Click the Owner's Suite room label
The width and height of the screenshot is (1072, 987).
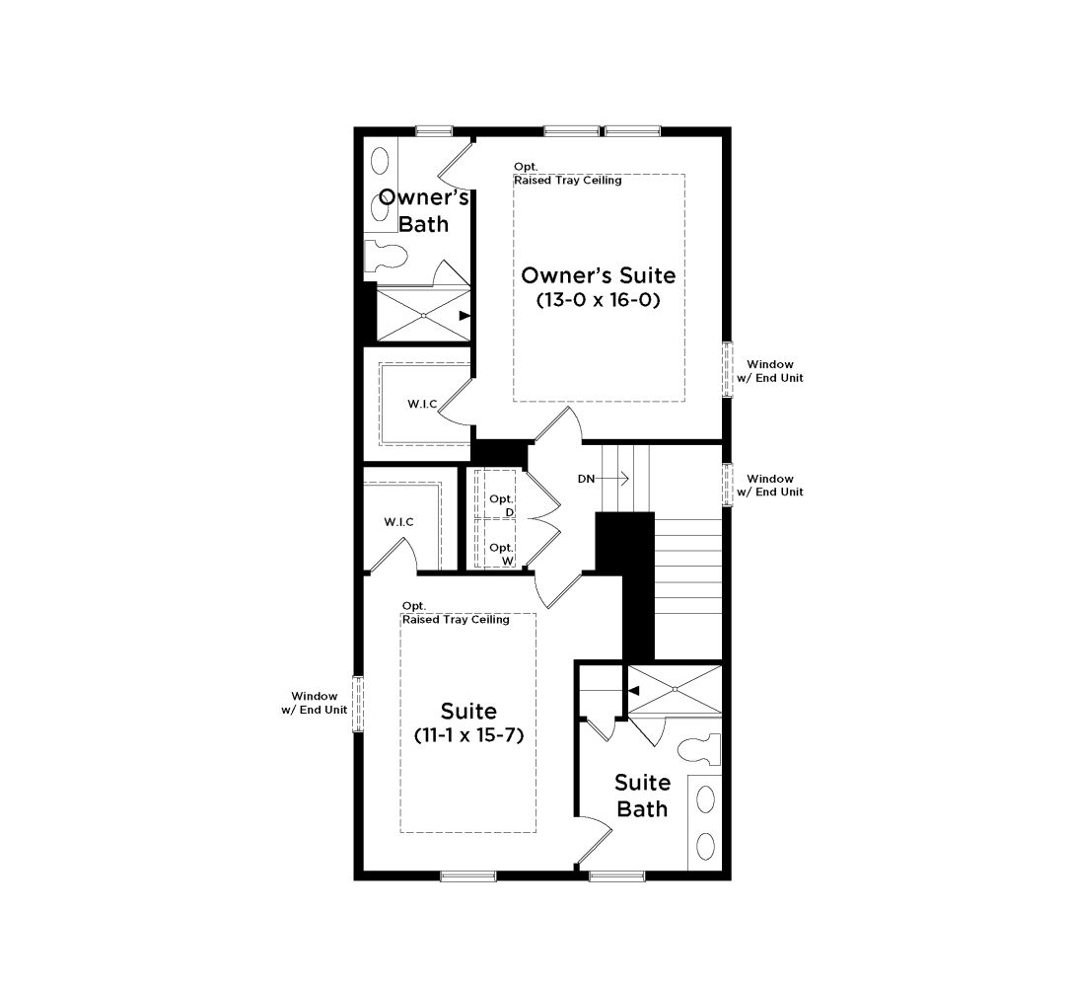(x=599, y=275)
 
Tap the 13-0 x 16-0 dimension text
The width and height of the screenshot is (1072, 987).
(x=599, y=300)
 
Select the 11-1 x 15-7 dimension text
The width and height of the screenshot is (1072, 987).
(x=468, y=736)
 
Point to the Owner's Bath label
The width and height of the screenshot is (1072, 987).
(x=423, y=210)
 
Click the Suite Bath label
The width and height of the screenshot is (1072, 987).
(x=642, y=796)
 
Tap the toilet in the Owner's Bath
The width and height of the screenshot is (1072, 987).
(x=386, y=257)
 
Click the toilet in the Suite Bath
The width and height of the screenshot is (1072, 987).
(x=699, y=750)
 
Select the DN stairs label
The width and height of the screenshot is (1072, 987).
(x=586, y=479)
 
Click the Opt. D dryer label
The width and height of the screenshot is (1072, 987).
(x=502, y=505)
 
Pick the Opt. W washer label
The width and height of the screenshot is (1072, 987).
(x=502, y=554)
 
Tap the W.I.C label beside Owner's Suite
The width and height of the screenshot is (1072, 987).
(x=422, y=405)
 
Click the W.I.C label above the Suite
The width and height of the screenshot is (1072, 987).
(x=398, y=522)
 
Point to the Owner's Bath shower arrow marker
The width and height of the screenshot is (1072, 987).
(x=465, y=315)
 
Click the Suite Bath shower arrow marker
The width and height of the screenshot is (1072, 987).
(x=634, y=691)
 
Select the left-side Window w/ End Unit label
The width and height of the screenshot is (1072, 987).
(x=315, y=703)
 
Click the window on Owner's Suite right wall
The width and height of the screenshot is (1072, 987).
(x=728, y=369)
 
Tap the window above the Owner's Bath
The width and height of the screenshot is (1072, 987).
(x=434, y=131)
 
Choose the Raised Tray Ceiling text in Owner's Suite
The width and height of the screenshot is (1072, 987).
(x=568, y=181)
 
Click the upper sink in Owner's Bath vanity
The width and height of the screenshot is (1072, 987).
(x=379, y=162)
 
